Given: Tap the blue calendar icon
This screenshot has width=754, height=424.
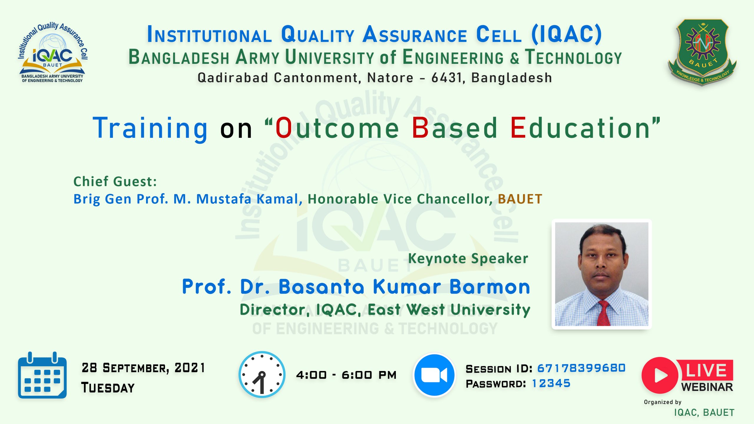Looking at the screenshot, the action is click(42, 375).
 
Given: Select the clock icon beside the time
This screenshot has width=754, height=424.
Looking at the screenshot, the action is click(262, 375).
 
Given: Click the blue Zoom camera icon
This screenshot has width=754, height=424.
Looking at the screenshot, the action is click(434, 375).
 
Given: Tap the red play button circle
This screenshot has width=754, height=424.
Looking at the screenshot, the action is click(660, 375).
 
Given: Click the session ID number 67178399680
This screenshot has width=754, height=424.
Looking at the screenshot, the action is click(581, 368).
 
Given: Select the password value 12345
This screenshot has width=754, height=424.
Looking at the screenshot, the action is click(551, 383).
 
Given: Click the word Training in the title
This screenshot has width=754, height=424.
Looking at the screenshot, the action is click(150, 128).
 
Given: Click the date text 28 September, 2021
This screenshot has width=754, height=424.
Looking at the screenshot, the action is click(143, 368).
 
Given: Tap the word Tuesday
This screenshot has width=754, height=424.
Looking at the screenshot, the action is click(108, 388).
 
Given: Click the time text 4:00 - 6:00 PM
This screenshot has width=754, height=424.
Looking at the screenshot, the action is click(346, 375).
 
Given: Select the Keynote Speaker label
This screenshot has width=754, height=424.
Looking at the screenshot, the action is click(468, 259).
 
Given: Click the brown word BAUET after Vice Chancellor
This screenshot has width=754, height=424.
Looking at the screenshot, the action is click(520, 199).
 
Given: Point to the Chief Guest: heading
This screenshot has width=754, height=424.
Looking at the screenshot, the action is click(115, 181).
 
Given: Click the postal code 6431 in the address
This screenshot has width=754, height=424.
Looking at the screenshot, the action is click(447, 78).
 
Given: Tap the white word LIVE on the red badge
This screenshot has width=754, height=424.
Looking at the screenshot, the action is click(706, 370).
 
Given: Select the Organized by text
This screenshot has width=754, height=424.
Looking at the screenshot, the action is click(663, 402).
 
